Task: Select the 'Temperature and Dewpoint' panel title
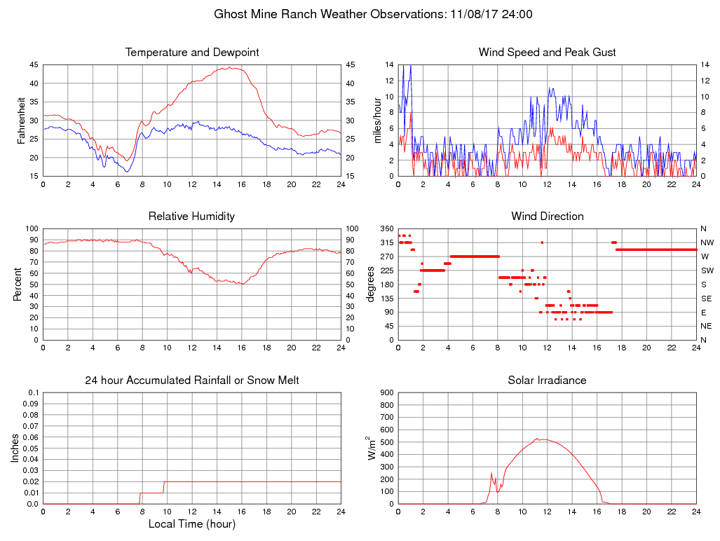pyautogui.click(x=192, y=53)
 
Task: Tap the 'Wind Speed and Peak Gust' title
pyautogui.click(x=547, y=53)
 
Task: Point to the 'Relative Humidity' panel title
pyautogui.click(x=192, y=217)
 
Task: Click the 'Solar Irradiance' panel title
pyautogui.click(x=547, y=381)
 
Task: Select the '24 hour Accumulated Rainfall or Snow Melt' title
pyautogui.click(x=192, y=381)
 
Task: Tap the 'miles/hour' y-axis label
pyautogui.click(x=376, y=121)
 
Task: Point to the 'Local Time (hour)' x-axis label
pyautogui.click(x=192, y=523)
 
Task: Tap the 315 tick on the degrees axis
pyautogui.click(x=386, y=242)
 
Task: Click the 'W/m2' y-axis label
pyautogui.click(x=372, y=448)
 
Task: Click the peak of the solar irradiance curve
pyautogui.click(x=537, y=439)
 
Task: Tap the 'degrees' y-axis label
pyautogui.click(x=371, y=284)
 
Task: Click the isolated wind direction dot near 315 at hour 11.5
pyautogui.click(x=542, y=242)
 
